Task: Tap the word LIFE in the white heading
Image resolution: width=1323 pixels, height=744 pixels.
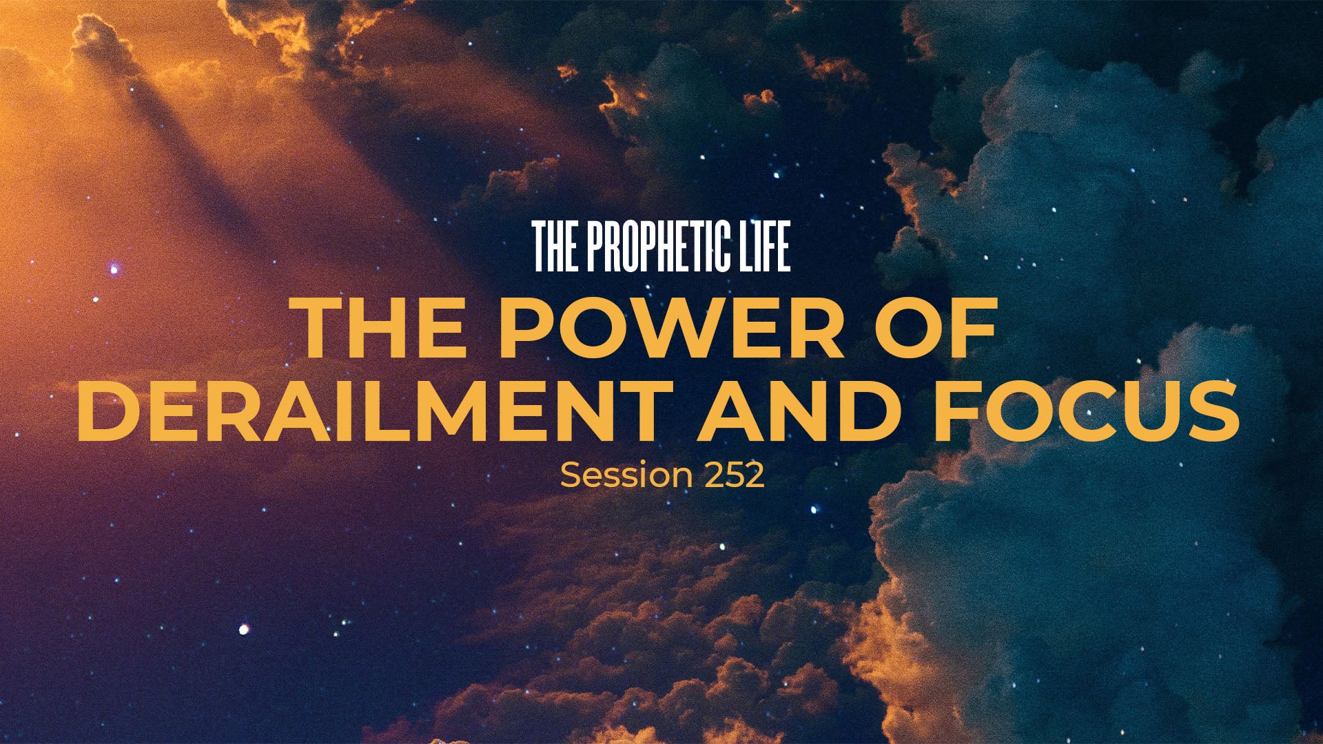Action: pos(767,247)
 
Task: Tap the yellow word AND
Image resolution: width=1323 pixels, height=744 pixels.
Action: pos(800,410)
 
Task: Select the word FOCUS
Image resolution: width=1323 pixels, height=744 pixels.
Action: pos(1087,410)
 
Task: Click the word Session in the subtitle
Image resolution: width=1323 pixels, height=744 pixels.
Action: pos(626,475)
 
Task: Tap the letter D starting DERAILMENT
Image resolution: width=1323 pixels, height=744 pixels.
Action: pos(107,410)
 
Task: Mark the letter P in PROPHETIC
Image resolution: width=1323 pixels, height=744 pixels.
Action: pos(597,247)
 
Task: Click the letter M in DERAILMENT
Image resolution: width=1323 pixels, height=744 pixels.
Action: pos(440,410)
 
